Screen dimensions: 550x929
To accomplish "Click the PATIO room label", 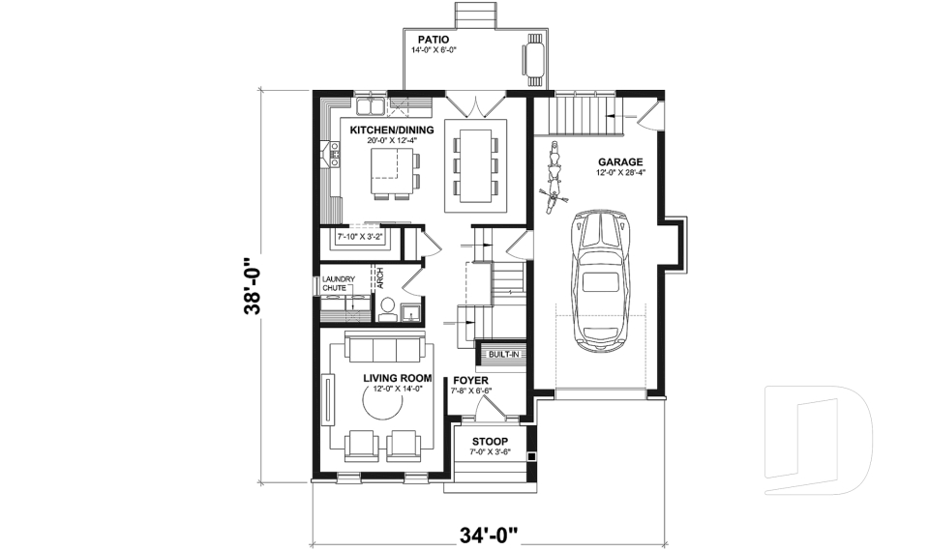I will [434, 39].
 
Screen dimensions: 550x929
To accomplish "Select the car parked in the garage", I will [601, 279].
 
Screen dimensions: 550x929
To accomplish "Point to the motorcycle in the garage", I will [554, 175].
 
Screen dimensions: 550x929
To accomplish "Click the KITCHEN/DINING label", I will [391, 130].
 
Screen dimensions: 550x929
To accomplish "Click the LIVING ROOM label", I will [397, 378].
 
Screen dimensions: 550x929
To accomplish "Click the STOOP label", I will [490, 442].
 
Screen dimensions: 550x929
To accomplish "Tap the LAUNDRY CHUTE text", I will [339, 284].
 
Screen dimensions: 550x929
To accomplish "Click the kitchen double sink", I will [370, 102].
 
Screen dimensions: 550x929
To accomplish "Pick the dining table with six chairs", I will [474, 165].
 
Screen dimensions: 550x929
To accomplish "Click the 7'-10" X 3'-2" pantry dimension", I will [360, 235].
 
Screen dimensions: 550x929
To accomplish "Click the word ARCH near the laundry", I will [380, 278].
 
